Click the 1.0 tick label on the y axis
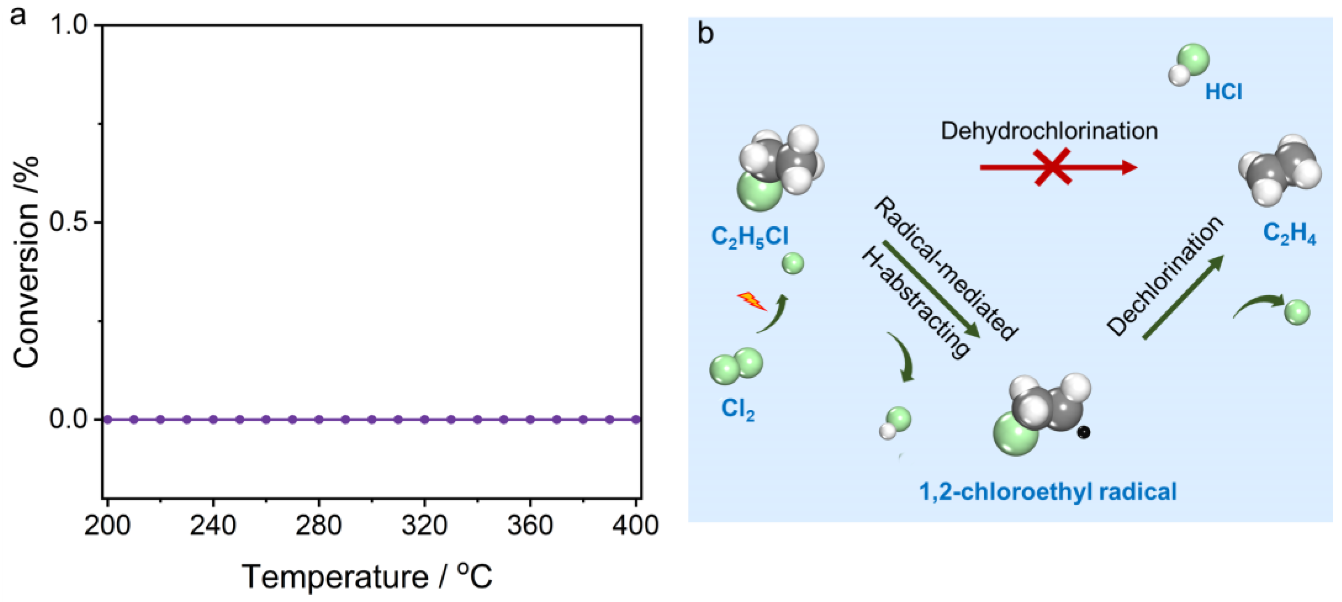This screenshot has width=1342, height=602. [70, 25]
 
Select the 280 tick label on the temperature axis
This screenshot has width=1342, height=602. [318, 525]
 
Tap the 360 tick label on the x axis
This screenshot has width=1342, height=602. [530, 525]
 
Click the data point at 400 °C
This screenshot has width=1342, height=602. [636, 419]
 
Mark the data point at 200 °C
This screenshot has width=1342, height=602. [107, 419]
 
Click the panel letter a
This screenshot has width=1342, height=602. [18, 16]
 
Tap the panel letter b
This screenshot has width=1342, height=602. [706, 34]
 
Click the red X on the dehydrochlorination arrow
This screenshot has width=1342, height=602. [1053, 167]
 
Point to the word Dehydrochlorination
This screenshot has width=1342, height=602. [1049, 131]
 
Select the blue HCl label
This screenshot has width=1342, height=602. [1223, 92]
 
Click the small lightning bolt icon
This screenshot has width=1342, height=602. [751, 301]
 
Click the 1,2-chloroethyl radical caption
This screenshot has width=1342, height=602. [1048, 492]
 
